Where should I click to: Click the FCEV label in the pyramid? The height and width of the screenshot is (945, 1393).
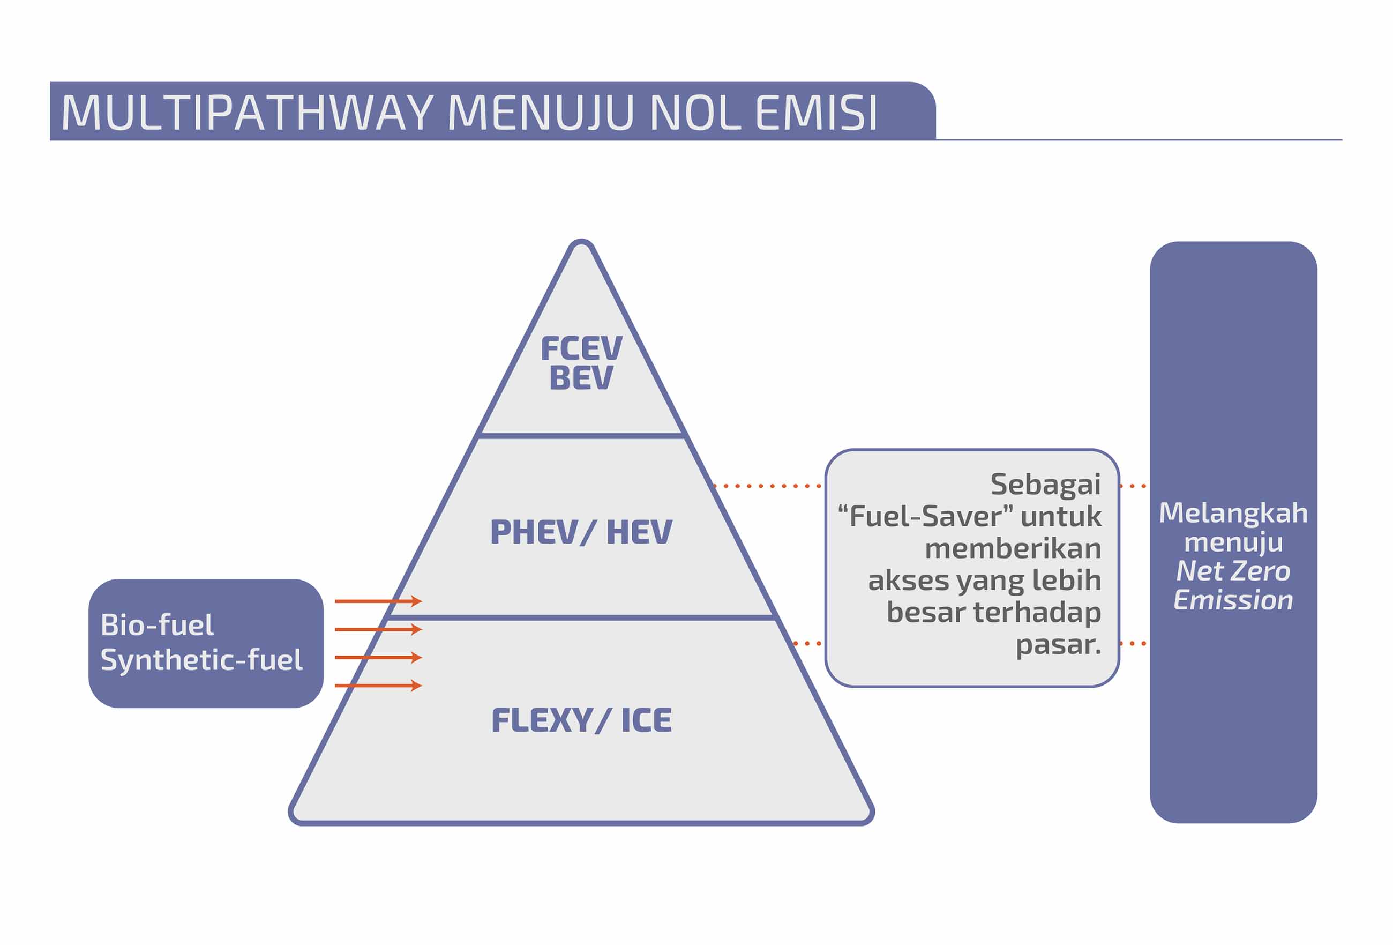coord(581,348)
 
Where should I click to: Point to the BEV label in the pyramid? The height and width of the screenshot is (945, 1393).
coord(581,378)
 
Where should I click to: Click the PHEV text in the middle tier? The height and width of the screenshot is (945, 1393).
coord(534,532)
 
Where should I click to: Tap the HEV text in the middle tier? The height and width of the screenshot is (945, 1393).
coord(639,532)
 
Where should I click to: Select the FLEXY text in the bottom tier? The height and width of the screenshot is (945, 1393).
coord(542,720)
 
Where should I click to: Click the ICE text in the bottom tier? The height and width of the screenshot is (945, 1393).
coord(646,720)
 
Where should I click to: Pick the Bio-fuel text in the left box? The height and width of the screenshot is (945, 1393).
coord(157,625)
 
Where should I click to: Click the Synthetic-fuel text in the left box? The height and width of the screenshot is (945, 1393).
coord(201,660)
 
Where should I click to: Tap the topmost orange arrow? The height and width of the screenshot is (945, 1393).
coord(378,601)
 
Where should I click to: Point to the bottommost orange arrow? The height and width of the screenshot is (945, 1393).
coord(378,686)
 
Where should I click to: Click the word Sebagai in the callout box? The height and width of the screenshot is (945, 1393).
coord(1045,485)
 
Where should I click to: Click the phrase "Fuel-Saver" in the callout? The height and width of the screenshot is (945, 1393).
coord(925,516)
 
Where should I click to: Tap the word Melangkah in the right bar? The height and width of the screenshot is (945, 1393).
coord(1233,512)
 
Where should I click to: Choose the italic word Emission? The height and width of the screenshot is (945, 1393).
coord(1233,600)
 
